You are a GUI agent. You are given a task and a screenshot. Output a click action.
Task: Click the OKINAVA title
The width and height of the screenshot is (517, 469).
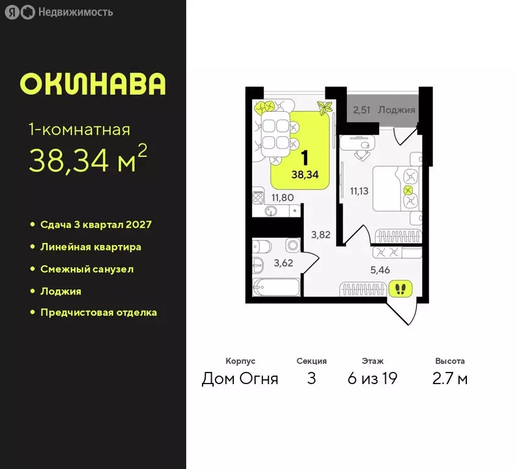coord(93,84)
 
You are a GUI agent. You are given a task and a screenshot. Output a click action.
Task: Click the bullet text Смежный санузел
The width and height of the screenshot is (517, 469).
coord(87,269)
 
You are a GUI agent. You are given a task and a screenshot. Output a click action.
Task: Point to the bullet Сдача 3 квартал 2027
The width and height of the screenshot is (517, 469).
coord(96,225)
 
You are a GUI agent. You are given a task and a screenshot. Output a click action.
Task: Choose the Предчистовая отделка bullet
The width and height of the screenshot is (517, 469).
coord(98,313)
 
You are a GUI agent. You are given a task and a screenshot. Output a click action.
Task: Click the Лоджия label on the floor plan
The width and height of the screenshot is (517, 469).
coord(396,110)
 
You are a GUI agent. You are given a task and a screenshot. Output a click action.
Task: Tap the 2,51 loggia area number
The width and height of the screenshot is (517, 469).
coord(363,110)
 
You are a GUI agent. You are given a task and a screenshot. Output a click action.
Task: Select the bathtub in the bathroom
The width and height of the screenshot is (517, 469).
coord(276,287)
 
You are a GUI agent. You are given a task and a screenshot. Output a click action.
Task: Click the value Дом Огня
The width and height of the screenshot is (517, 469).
coord(240,379)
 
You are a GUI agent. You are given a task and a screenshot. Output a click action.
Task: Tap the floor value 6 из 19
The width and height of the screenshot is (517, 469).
coord(372,379)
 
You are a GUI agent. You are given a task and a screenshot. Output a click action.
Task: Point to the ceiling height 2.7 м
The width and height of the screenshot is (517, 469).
coord(450,379)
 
